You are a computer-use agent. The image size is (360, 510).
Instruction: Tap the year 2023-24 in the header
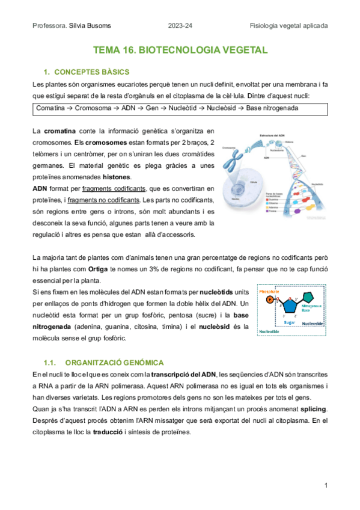coord(181,25)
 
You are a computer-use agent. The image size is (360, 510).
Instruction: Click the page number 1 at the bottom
coord(325,485)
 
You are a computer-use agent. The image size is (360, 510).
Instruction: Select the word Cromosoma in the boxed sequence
coord(85,108)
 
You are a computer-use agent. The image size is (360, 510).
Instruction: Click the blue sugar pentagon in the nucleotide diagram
coord(290,306)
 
